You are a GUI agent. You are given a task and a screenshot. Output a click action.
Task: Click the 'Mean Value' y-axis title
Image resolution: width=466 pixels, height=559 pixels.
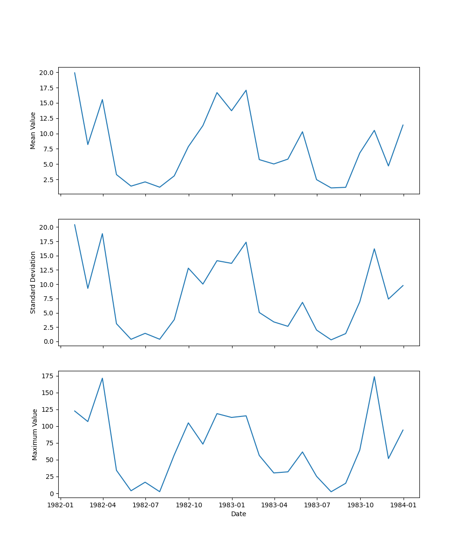(x=33, y=130)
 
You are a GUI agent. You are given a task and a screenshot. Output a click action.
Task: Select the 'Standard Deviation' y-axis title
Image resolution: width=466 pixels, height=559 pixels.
(x=33, y=282)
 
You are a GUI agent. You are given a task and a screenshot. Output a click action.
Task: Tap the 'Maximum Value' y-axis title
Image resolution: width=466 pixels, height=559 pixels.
(x=35, y=434)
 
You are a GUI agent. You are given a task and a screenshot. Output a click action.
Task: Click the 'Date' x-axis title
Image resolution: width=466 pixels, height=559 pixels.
(x=239, y=514)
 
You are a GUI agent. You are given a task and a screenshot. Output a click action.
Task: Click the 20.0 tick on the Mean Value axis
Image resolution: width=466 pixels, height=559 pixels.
(x=47, y=73)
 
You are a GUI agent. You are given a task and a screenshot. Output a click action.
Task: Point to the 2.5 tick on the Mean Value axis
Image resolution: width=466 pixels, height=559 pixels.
(x=48, y=179)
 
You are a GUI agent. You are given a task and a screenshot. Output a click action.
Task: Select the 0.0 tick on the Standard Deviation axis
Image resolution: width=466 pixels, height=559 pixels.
(x=48, y=341)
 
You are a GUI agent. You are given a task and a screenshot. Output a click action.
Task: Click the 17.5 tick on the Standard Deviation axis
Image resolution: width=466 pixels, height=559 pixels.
(x=47, y=242)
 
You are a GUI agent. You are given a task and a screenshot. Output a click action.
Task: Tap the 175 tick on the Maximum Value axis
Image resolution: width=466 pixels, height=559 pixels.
(x=48, y=376)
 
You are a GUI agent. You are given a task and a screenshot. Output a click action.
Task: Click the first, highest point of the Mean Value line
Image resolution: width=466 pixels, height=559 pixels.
(x=75, y=73)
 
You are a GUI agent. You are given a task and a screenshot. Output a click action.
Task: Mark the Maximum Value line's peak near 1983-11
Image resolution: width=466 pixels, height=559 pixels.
(x=374, y=377)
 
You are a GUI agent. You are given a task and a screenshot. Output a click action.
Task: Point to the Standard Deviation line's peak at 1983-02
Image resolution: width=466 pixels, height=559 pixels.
(x=246, y=242)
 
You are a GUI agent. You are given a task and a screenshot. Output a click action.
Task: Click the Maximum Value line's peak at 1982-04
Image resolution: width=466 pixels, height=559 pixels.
(x=103, y=378)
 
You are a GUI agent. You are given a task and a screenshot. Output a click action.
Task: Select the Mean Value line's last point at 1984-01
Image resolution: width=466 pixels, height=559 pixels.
(x=403, y=125)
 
